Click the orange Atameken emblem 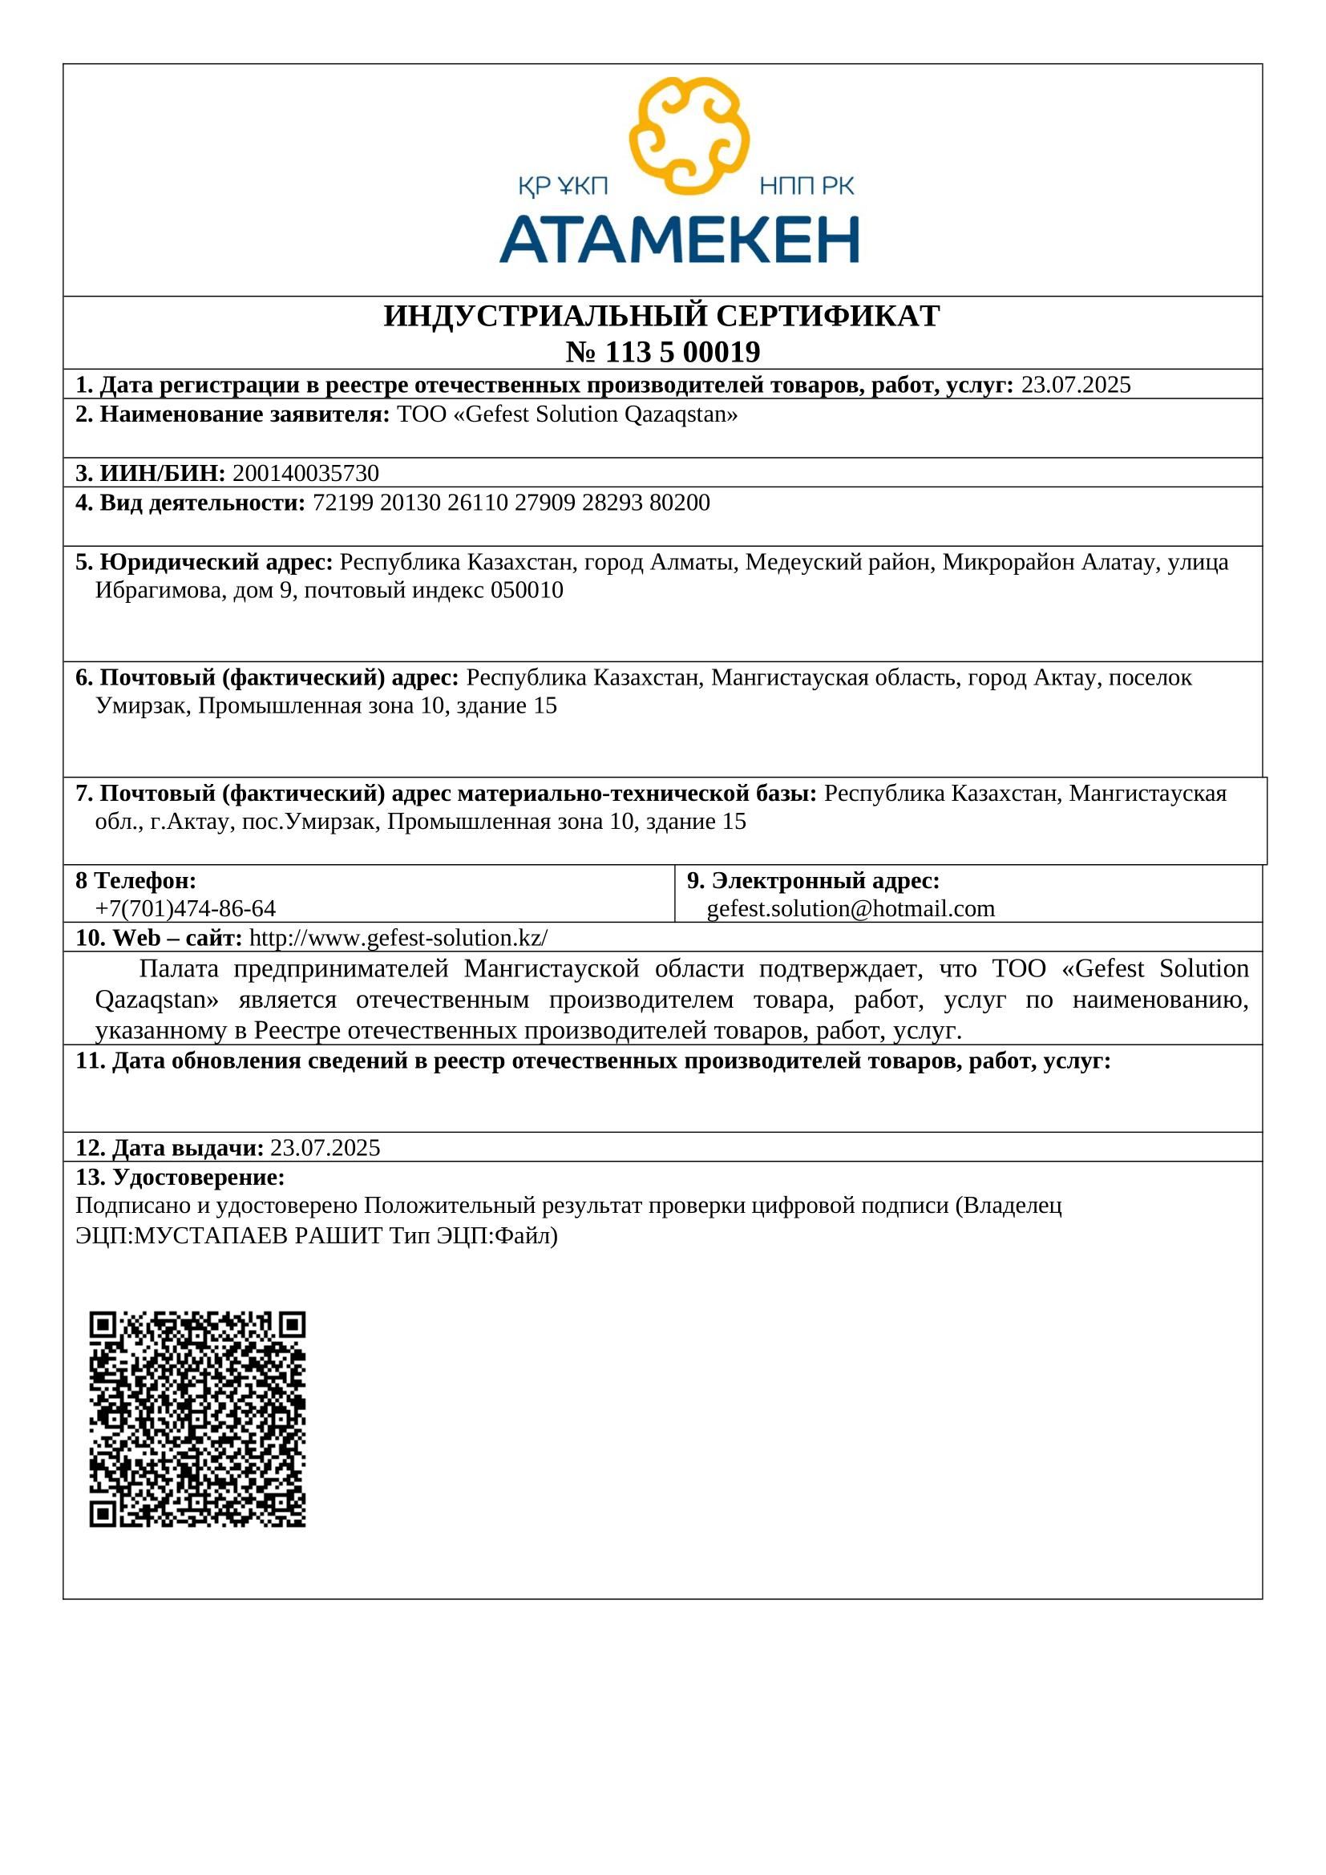click(689, 135)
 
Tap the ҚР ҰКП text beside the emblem click(563, 187)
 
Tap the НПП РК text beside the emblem click(806, 187)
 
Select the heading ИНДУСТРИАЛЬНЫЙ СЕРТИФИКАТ click(661, 316)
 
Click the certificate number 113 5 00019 click(682, 352)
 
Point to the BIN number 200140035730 click(305, 474)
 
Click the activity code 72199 click(342, 503)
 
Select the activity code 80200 click(679, 503)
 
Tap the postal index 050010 click(527, 591)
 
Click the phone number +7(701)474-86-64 click(185, 909)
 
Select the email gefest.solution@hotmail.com click(851, 909)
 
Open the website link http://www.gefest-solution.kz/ click(398, 939)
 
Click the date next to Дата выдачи click(325, 1148)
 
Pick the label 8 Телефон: click(135, 880)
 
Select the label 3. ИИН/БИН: click(150, 474)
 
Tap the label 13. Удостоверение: click(180, 1178)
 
